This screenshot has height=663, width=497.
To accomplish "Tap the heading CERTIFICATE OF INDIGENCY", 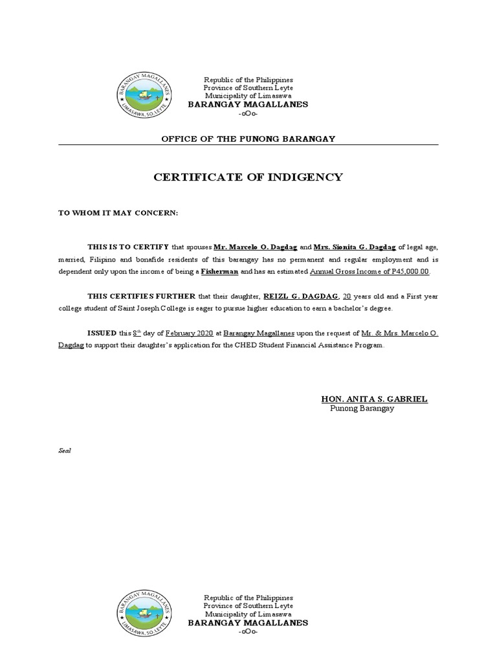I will coord(248,177).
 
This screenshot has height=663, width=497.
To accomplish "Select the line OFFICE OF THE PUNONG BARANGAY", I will coord(248,139).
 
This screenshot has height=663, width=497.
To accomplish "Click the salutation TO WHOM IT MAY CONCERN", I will coord(118,213).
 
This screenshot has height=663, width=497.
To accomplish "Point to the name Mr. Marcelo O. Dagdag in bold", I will coord(255,247).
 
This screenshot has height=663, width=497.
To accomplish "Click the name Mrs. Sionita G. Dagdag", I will coord(354,247).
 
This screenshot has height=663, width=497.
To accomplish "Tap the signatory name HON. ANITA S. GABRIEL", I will coord(374,399).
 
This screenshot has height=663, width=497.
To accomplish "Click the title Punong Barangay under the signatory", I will coord(362,409).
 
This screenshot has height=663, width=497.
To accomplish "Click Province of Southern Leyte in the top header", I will coord(248,87).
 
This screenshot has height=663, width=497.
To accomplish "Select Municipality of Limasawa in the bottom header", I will coord(248,614).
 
